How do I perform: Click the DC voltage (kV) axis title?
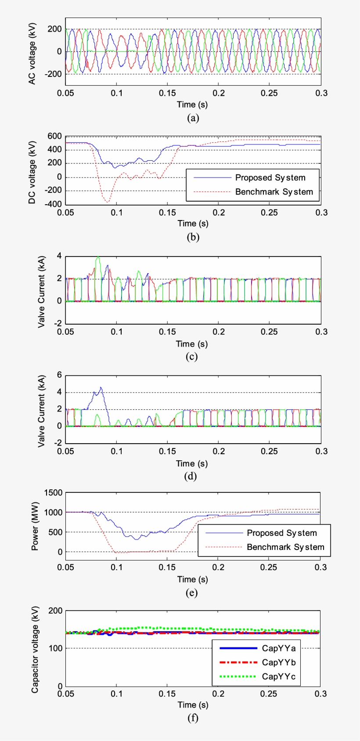[32, 172]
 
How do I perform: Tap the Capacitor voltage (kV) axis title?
[35, 649]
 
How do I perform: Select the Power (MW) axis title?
[35, 526]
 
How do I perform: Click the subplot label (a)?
[193, 118]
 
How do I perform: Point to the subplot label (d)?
[191, 476]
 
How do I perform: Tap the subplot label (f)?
[192, 718]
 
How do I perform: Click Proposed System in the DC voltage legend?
[270, 178]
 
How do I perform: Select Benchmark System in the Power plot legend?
[285, 547]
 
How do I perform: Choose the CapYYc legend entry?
[278, 676]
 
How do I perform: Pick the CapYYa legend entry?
[278, 648]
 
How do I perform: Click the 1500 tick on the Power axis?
[53, 493]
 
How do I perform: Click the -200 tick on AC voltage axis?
[53, 74]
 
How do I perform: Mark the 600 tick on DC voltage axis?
[54, 137]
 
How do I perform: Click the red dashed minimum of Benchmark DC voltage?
[108, 202]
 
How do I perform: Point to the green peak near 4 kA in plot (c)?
[98, 257]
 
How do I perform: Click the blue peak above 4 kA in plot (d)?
[101, 387]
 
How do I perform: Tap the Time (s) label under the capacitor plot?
[192, 705]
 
